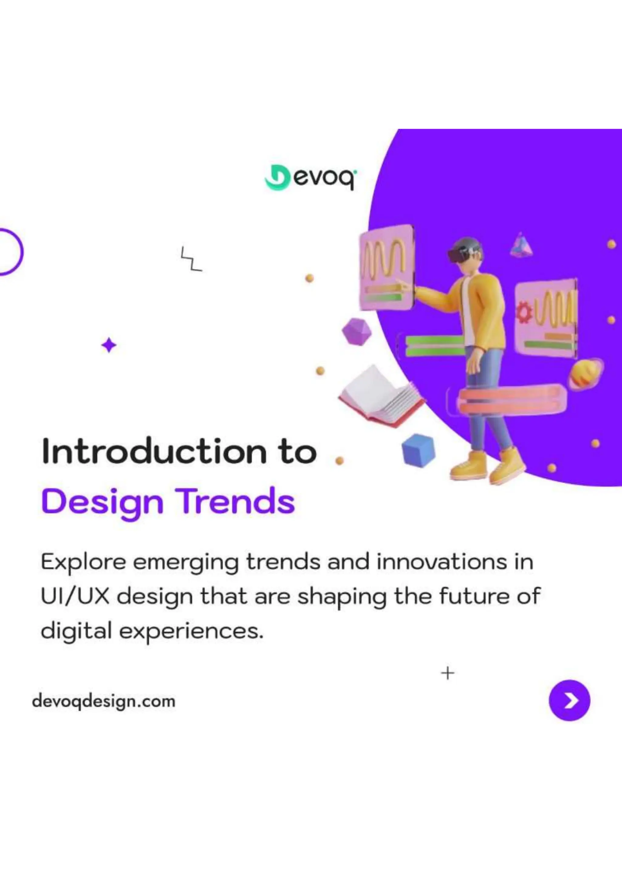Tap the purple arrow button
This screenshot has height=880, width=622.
click(x=569, y=701)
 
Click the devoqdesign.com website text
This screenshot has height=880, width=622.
click(x=104, y=701)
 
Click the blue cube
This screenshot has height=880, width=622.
click(x=418, y=450)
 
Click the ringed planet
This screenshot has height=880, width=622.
click(x=585, y=374)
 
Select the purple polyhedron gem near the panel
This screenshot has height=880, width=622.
click(x=357, y=332)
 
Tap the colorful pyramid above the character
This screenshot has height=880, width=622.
click(x=521, y=246)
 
